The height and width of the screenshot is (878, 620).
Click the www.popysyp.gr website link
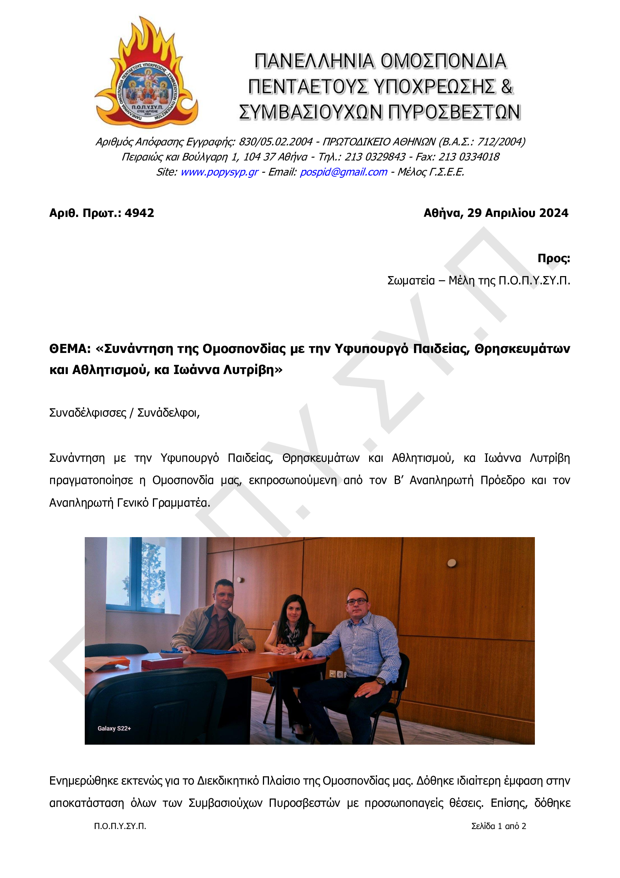pos(219,172)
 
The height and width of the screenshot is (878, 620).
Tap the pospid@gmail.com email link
pos(343,172)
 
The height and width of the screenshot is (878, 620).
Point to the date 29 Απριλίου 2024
pos(518,213)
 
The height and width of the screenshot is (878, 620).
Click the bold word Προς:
pos(553,258)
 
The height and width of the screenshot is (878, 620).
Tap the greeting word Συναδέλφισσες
pos(88,412)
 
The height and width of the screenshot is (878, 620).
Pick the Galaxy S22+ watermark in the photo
pos(114,728)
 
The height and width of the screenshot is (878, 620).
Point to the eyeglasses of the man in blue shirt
pos(356,601)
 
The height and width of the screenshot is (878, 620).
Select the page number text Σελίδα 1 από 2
pos(498,826)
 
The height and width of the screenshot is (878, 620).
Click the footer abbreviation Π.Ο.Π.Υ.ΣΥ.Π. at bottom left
pos(120,826)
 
